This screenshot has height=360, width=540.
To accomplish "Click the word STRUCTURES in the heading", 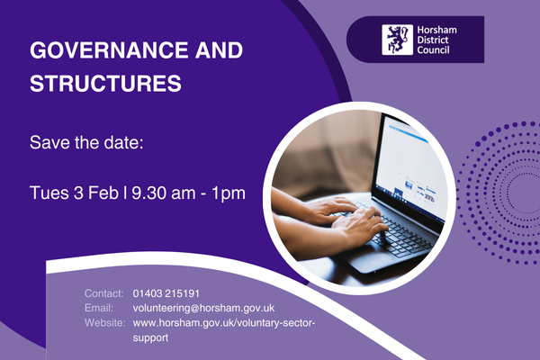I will (105, 85).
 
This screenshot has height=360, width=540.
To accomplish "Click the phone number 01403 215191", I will (166, 293).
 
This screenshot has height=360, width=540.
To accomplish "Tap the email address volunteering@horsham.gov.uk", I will (203, 308).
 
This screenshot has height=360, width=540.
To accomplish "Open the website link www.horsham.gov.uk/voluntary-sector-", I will (225, 322).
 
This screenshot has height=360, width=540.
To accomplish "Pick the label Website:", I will (105, 322).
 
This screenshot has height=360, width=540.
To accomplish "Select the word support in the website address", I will (149, 337).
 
